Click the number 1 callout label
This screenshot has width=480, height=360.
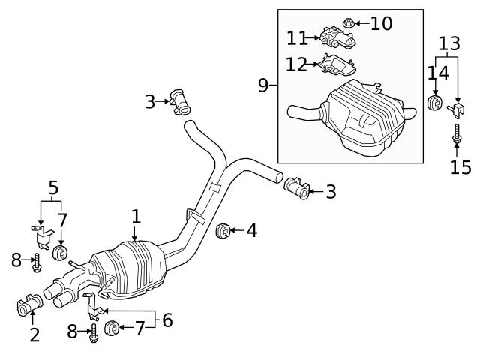[136, 217]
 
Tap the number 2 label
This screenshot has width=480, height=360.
[34, 334]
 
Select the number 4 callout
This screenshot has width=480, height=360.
[252, 230]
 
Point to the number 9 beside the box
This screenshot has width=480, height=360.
[263, 85]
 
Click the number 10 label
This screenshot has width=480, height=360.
[381, 24]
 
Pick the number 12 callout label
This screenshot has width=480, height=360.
[296, 65]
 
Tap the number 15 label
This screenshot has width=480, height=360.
[461, 166]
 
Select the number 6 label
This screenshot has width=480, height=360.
[167, 320]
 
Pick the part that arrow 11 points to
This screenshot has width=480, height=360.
[336, 37]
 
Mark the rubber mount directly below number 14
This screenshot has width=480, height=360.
[433, 103]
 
